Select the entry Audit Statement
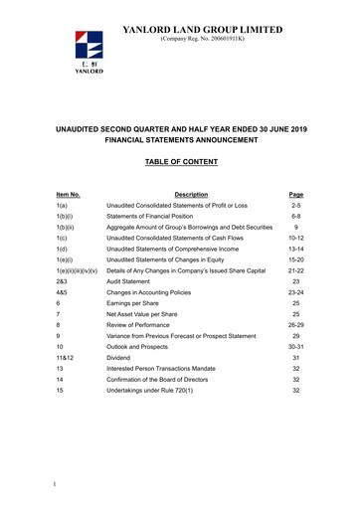point(145,309)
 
